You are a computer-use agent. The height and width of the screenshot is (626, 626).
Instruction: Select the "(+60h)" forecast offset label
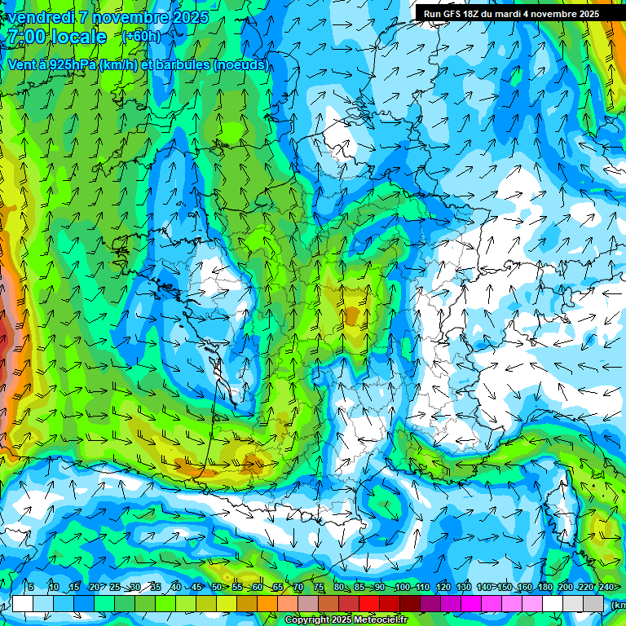pyautogui.click(x=141, y=36)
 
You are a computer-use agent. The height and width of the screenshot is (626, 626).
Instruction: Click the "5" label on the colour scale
pyautogui.click(x=31, y=588)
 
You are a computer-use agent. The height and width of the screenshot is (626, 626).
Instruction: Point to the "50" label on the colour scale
pyautogui.click(x=217, y=588)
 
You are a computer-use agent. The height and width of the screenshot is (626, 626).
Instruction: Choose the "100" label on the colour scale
pyautogui.click(x=402, y=588)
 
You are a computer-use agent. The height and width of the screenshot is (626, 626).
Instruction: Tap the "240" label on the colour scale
pyautogui.click(x=606, y=588)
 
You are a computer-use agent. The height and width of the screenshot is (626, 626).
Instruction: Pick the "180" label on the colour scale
pyautogui.click(x=544, y=588)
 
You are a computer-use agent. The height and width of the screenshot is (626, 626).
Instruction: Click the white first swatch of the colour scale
pyautogui.click(x=23, y=603)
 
